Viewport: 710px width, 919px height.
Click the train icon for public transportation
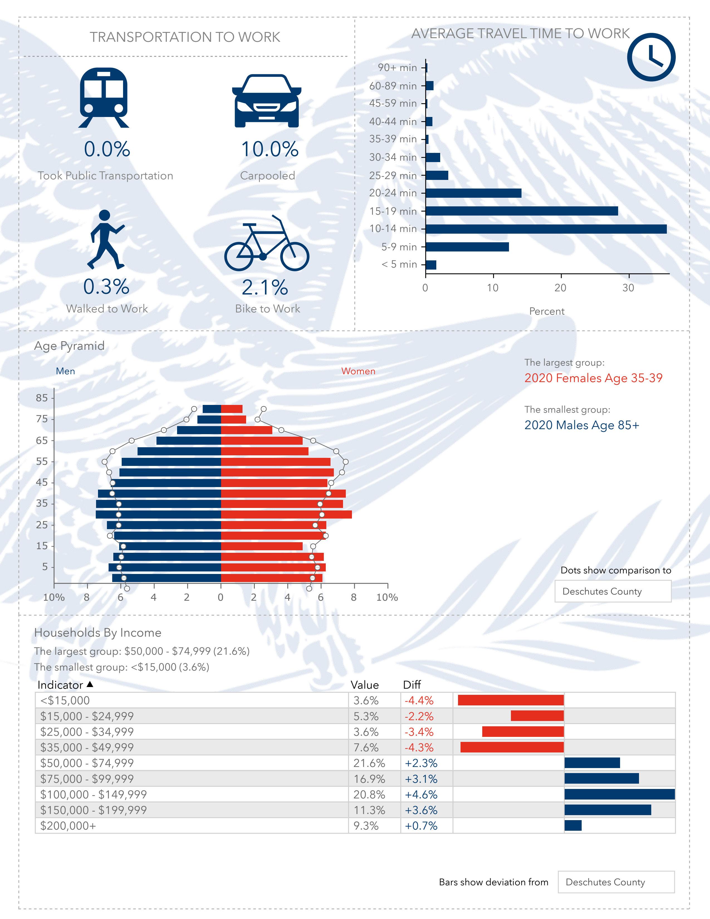pos(104,98)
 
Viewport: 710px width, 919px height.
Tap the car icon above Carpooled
pos(267,101)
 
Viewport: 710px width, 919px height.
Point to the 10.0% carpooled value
pos(270,149)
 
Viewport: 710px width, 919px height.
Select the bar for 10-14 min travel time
pos(545,229)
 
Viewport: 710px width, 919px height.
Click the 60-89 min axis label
pos(393,86)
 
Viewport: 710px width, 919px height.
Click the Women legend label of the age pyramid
pos(358,371)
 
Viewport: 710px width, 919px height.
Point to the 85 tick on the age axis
pos(42,398)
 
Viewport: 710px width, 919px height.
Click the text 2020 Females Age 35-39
pos(593,378)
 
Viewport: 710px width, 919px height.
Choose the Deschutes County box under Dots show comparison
pos(613,591)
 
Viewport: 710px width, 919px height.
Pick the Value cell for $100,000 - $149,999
pos(369,795)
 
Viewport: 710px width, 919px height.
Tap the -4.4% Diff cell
pos(419,700)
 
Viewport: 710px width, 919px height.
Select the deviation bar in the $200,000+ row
pos(573,826)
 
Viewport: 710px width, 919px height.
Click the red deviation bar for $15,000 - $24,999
pos(537,716)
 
